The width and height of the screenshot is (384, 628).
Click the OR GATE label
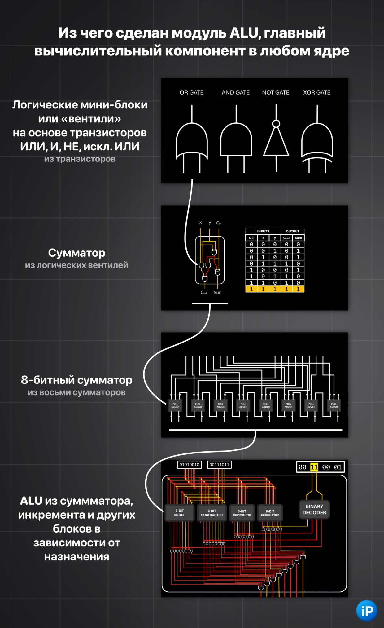[x=191, y=92]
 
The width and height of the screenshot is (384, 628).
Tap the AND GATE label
[x=235, y=92]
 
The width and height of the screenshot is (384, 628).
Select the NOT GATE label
[x=276, y=92]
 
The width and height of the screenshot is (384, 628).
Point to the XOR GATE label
[x=316, y=92]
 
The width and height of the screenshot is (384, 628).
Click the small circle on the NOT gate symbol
[x=276, y=124]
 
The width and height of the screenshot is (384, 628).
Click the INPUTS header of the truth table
[x=263, y=231]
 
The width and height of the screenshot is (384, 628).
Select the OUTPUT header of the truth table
[x=292, y=231]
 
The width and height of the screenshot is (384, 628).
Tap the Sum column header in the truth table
[x=298, y=238]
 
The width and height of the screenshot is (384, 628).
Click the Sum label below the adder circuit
[x=217, y=292]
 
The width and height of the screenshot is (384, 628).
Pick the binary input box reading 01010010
[x=189, y=465]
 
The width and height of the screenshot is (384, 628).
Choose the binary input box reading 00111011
[x=219, y=465]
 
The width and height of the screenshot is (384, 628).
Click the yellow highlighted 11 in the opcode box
[x=314, y=467]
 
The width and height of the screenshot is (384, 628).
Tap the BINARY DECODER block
[x=314, y=509]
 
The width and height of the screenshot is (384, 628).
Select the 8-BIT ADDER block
[x=180, y=513]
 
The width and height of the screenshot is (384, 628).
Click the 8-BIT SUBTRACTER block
[x=212, y=513]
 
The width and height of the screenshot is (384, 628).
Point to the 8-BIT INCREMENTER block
[x=242, y=513]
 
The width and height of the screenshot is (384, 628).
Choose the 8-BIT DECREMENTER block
[x=270, y=513]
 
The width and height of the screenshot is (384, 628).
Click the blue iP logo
[x=367, y=611]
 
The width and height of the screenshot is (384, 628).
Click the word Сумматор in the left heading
[x=76, y=253]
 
